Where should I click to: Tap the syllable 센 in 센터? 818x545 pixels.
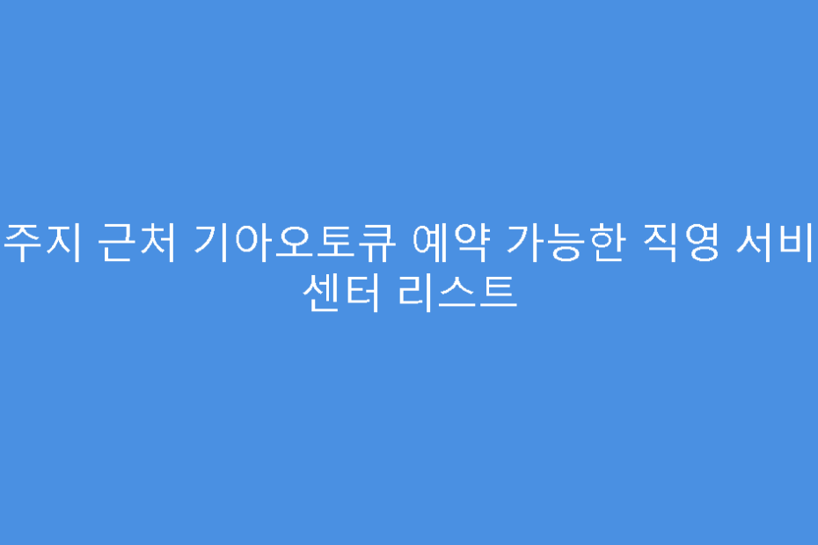[x=319, y=291]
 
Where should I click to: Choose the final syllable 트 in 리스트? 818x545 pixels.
[x=496, y=291]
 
